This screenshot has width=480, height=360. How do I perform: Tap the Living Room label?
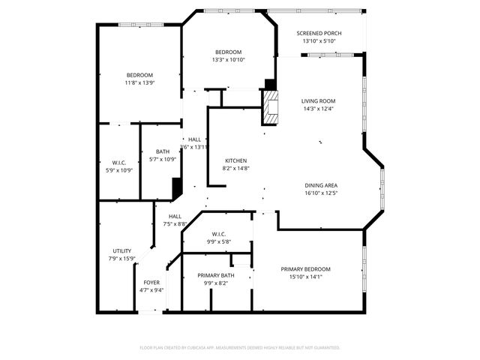point(318,100)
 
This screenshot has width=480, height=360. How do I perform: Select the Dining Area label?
point(321,185)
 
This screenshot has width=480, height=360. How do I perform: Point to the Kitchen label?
point(235,160)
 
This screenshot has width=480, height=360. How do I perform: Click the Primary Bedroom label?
point(305,269)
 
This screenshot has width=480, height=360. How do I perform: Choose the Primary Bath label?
point(216,275)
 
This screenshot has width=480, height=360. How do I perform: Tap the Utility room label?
point(122,250)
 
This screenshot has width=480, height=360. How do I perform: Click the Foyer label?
point(151,283)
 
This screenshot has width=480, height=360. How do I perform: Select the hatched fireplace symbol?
point(268,107)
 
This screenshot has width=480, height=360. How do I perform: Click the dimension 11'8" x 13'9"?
point(139,82)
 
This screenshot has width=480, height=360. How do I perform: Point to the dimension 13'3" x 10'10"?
point(229,59)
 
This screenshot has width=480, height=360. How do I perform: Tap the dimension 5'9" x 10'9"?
point(118,170)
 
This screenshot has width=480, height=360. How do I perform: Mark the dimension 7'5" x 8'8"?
point(175,223)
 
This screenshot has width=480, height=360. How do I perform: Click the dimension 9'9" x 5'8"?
point(219,241)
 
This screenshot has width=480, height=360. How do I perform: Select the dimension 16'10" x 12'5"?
point(321,193)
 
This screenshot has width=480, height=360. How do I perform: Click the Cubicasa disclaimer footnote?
point(240,347)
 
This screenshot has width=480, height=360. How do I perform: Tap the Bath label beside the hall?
point(162,151)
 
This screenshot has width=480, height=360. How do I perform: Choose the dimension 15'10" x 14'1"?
point(305,277)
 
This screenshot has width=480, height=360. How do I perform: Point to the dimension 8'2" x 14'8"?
point(235,168)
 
